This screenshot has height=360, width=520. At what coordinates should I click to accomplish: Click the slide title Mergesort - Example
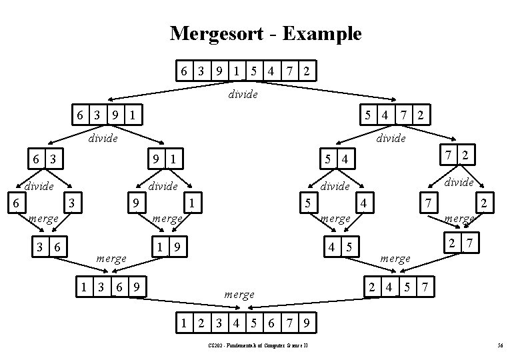(x=265, y=33)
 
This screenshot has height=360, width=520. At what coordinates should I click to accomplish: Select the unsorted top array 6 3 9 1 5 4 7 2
(x=245, y=71)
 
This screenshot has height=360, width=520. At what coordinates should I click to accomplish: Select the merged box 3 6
(x=50, y=247)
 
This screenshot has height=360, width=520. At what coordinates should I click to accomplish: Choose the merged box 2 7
(x=461, y=244)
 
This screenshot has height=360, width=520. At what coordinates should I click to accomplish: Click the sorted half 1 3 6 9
(x=109, y=287)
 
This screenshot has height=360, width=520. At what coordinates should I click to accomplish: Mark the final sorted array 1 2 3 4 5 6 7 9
(x=245, y=324)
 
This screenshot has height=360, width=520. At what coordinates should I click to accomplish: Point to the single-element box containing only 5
(x=307, y=201)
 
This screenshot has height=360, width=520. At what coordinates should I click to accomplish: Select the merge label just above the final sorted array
(x=239, y=294)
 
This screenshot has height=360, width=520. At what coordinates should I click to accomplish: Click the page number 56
(x=499, y=345)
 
